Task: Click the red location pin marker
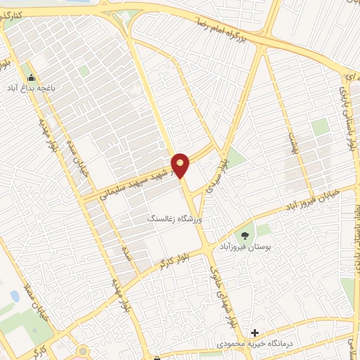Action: (181, 165)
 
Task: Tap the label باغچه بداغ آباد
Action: (31, 89)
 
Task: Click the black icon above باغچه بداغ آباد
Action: (30, 77)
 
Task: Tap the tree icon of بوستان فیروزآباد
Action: (245, 236)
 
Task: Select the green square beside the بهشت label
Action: (320, 127)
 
